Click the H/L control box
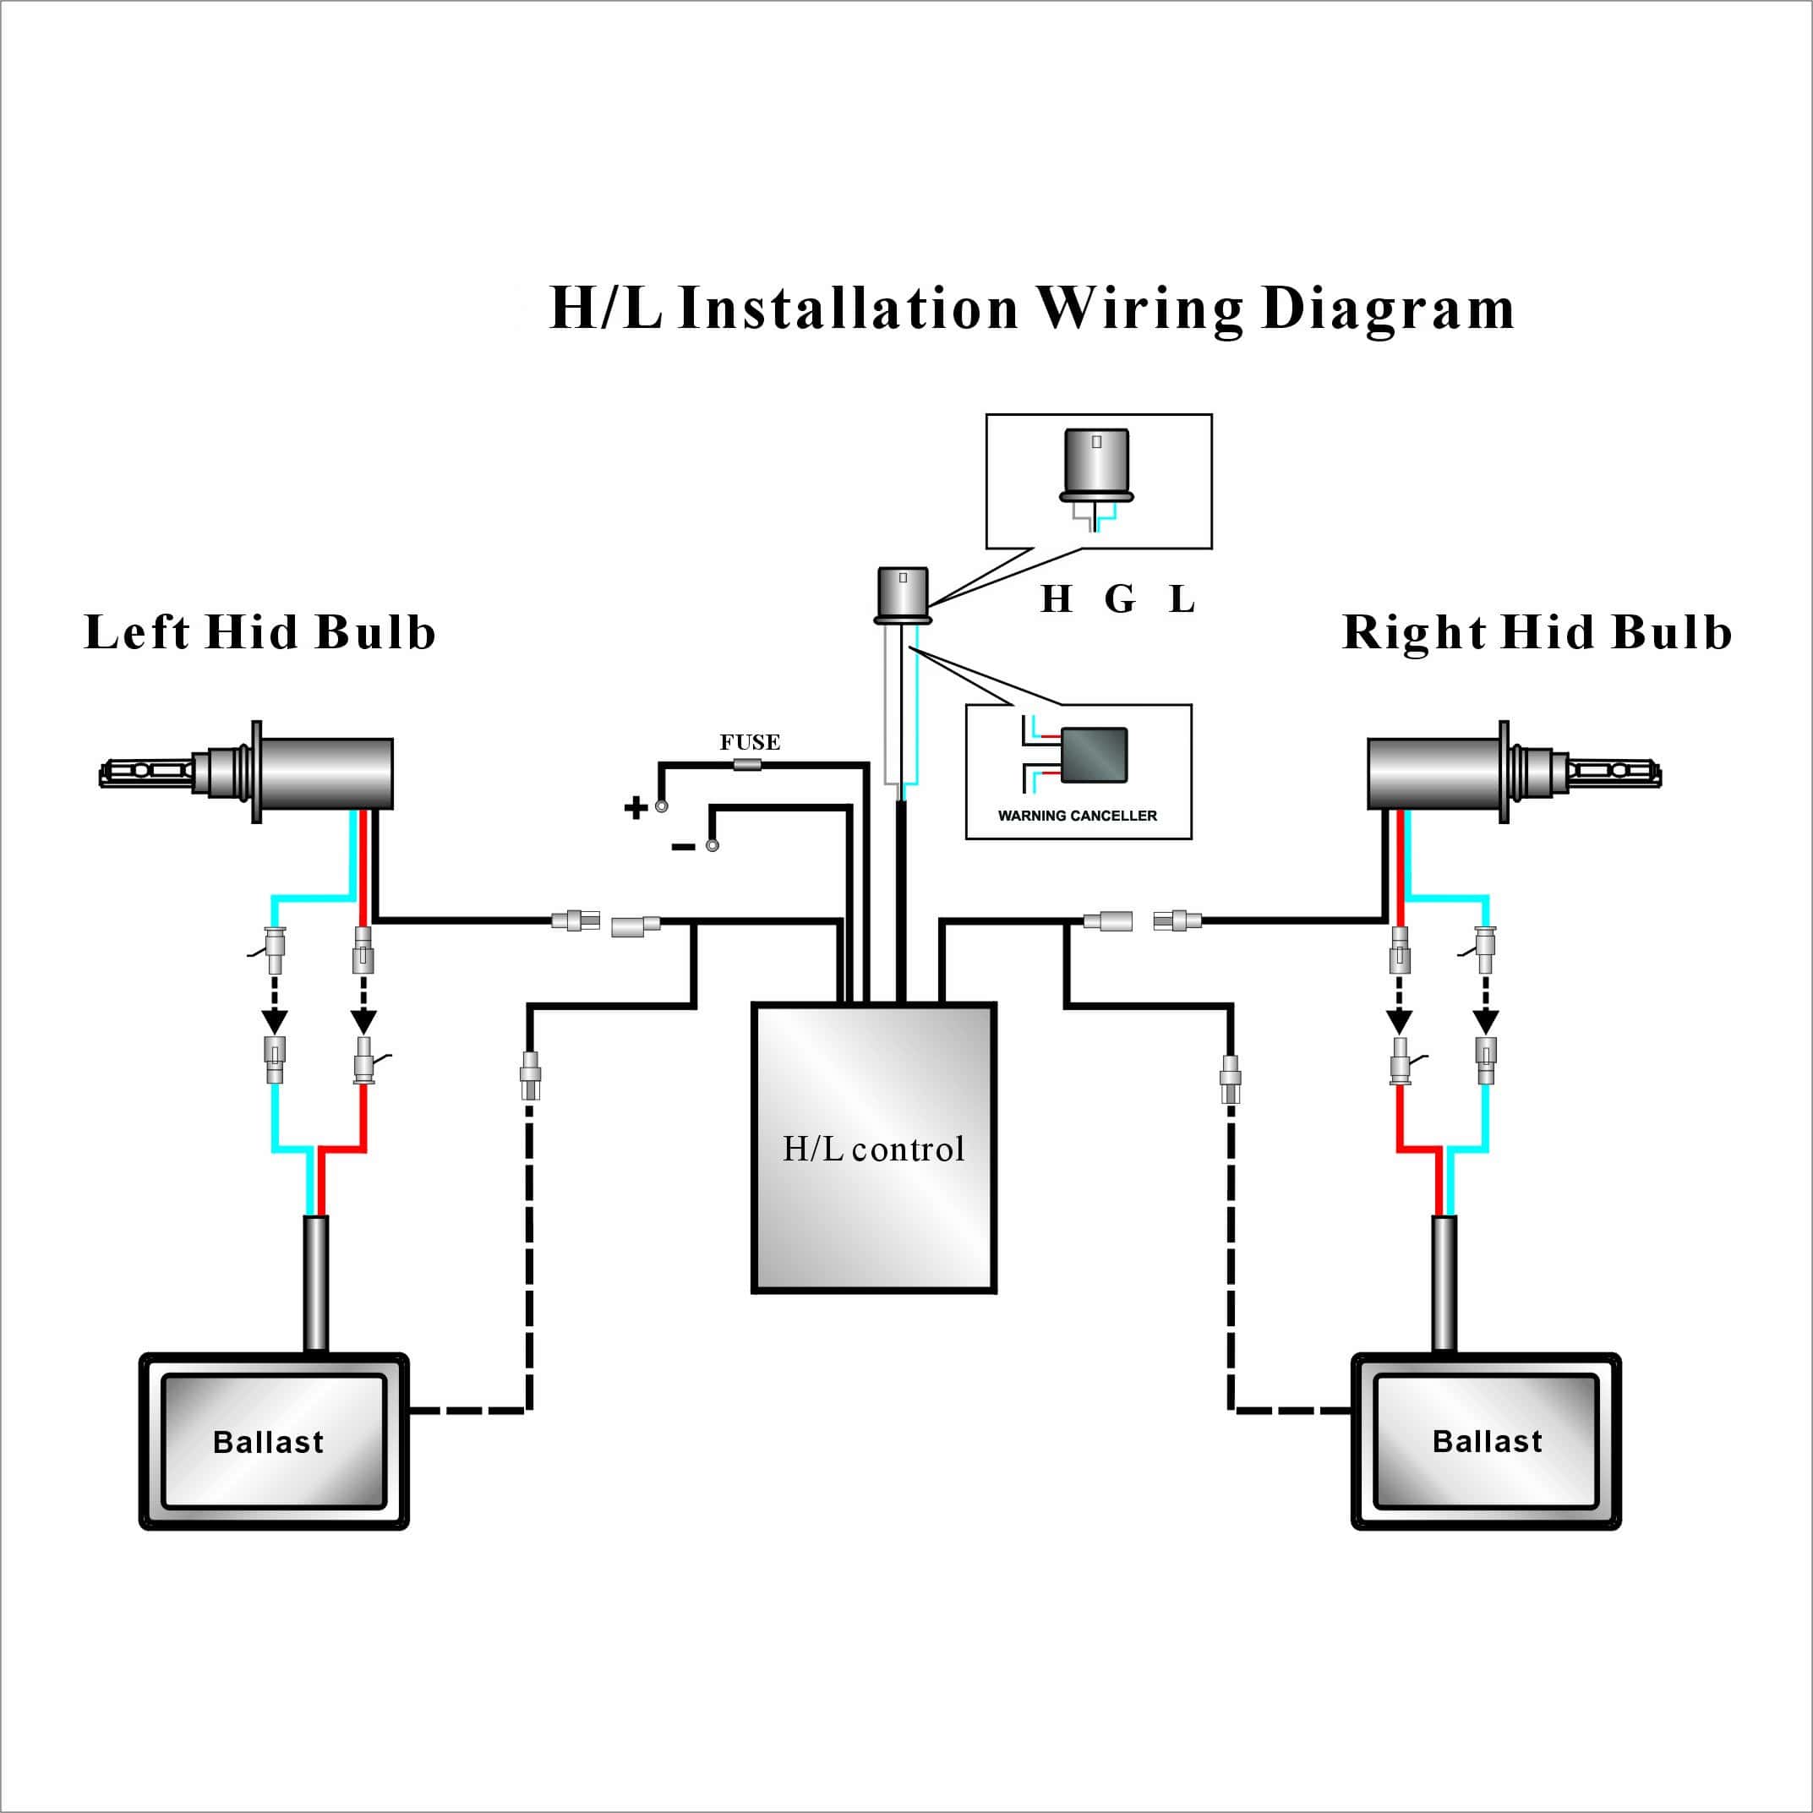pyautogui.click(x=874, y=1147)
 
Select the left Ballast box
pyautogui.click(x=273, y=1441)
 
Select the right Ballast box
pyautogui.click(x=1486, y=1440)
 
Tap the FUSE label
pyautogui.click(x=750, y=742)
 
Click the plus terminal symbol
pyautogui.click(x=636, y=807)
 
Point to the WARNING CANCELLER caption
pyautogui.click(x=1078, y=816)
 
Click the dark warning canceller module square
pyautogui.click(x=1095, y=756)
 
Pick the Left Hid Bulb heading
pyautogui.click(x=260, y=631)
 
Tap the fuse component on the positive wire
pyautogui.click(x=747, y=765)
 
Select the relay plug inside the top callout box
pyautogui.click(x=1095, y=467)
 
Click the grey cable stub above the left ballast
pyautogui.click(x=315, y=1284)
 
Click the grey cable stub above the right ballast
pyautogui.click(x=1444, y=1284)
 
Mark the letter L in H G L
pyautogui.click(x=1182, y=598)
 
